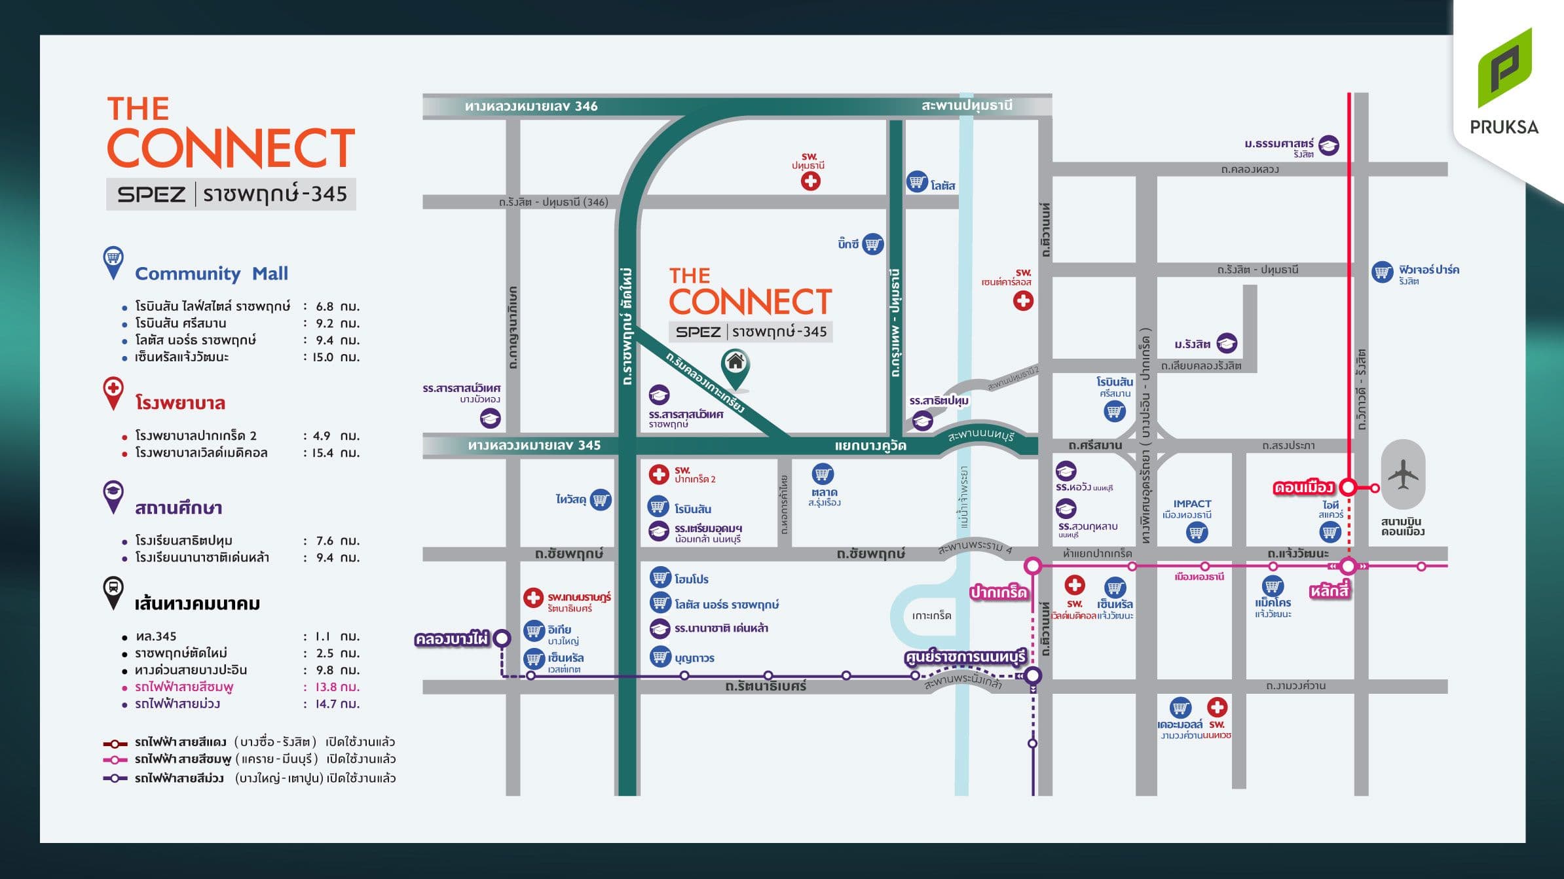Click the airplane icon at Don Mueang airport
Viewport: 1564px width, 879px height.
tap(1402, 475)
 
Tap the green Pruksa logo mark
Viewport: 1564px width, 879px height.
tap(1504, 68)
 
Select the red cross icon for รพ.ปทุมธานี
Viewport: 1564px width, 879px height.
tap(811, 181)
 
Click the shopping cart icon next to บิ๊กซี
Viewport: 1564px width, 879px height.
tap(872, 245)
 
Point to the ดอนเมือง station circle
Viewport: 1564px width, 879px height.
tap(1348, 487)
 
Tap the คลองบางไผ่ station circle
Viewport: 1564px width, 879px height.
tap(502, 638)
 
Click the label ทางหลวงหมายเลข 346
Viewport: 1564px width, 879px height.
tap(531, 106)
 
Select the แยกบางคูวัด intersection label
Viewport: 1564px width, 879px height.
tap(870, 446)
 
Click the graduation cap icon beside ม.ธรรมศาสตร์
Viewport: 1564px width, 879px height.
tap(1328, 145)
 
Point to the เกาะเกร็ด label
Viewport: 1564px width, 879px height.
tap(931, 615)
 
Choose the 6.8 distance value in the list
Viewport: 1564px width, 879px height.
tap(324, 306)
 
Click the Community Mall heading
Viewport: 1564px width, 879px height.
tap(211, 274)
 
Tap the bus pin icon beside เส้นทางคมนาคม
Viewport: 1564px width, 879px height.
tap(113, 589)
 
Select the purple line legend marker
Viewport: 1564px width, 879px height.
tap(115, 778)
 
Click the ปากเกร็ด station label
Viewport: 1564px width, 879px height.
tap(998, 592)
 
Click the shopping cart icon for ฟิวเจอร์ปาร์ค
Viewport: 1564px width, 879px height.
tap(1382, 272)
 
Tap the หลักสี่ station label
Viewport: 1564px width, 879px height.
tap(1329, 591)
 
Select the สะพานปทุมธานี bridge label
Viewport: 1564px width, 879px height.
tap(967, 105)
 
